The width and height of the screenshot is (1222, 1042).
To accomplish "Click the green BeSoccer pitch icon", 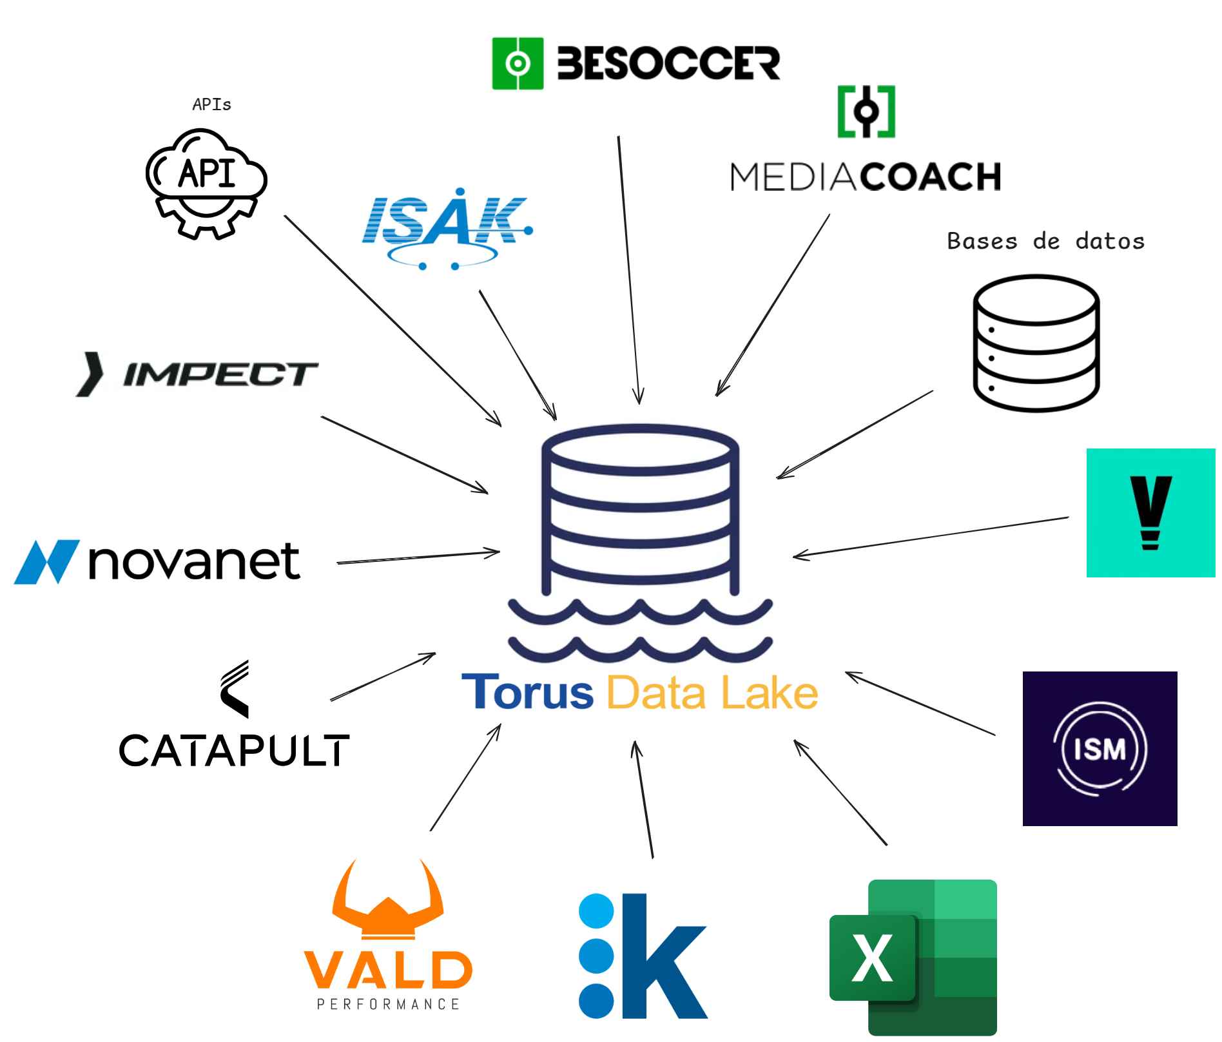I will pos(518,63).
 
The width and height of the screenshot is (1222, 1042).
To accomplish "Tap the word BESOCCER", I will pos(668,63).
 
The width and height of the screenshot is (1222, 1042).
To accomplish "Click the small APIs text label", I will pos(211,104).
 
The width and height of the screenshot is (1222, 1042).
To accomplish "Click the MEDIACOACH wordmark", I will pos(866,176).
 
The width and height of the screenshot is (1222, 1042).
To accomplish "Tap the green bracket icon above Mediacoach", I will pos(866,111).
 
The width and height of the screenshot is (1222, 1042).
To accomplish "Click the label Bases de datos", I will pos(1045,241).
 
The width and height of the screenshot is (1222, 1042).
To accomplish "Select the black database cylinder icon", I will pos(1036,343).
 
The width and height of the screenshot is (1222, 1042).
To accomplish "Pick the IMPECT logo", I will pos(197,374).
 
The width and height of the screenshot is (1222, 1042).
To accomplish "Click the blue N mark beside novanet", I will pos(46,561).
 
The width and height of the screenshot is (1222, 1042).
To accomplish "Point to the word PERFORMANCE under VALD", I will pos(388,1003).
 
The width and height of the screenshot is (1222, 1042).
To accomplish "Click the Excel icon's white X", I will pos(873,958).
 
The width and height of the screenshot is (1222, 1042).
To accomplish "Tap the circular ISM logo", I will pos(1100,748).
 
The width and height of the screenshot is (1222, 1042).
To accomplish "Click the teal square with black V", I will pos(1150,512).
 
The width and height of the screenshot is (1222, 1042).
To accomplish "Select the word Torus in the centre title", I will pos(527,692).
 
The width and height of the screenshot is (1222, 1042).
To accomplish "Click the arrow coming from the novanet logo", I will pos(418,557).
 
